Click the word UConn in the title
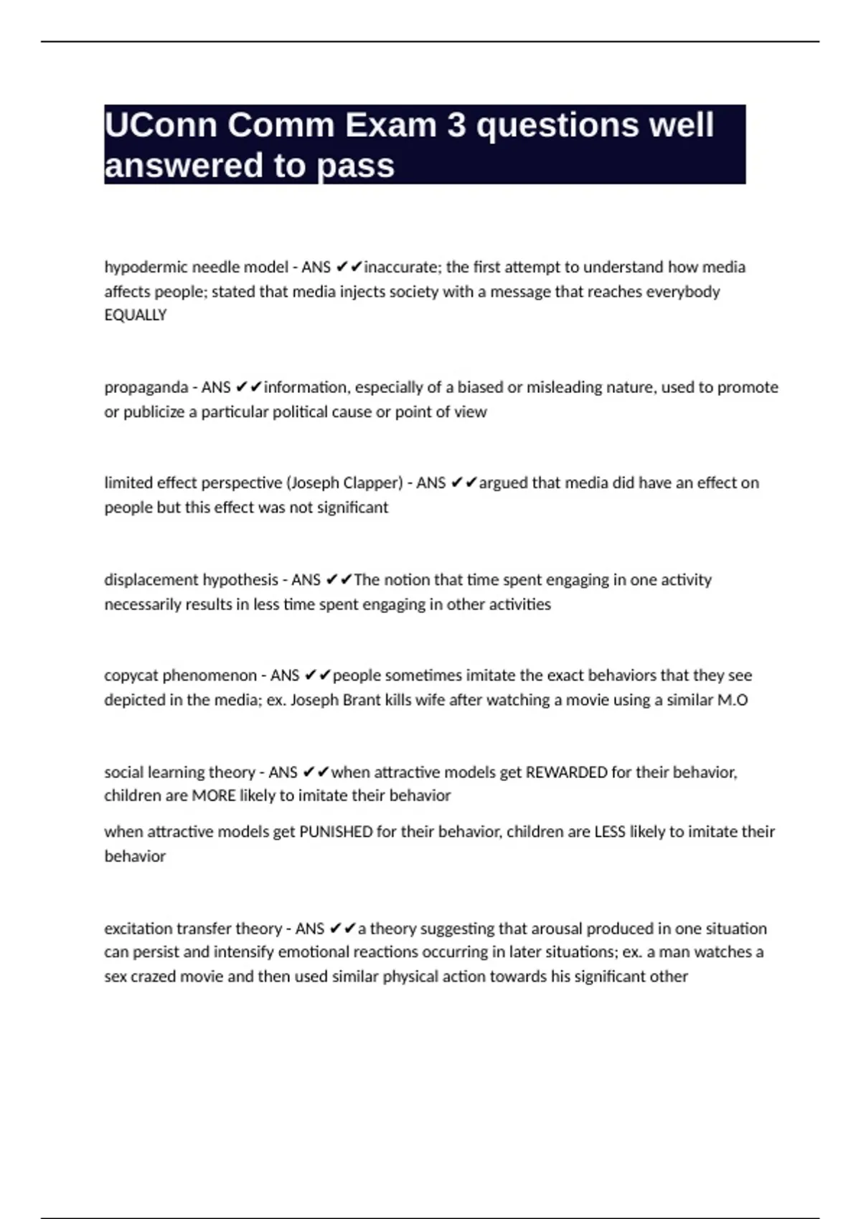click(x=160, y=125)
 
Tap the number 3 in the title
click(x=456, y=125)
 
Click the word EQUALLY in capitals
click(x=136, y=316)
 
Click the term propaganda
click(x=146, y=388)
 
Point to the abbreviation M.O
click(x=733, y=700)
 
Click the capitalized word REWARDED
click(x=567, y=772)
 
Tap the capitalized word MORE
click(x=213, y=796)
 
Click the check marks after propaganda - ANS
click(x=249, y=388)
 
